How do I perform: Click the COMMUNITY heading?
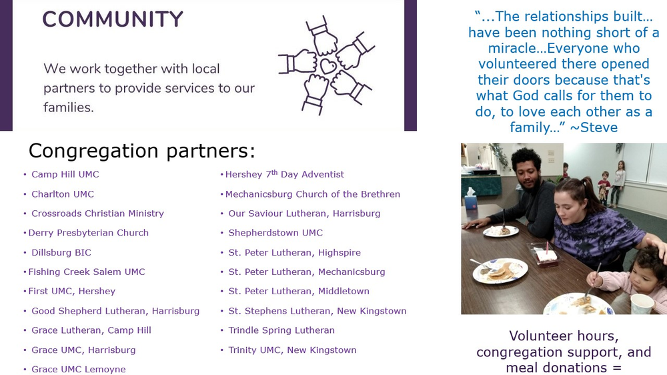coord(113,19)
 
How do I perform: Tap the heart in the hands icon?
coord(328,66)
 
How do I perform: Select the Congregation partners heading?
coord(141,151)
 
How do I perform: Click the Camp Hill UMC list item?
coord(65,174)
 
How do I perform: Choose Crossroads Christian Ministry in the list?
coord(97,214)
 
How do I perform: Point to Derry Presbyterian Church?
coord(89,233)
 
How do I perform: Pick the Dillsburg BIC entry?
coord(61,252)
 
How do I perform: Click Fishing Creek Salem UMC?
coord(86,272)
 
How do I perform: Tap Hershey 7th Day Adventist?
coord(285,174)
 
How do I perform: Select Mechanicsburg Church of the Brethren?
coord(313,194)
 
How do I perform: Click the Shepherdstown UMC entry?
coord(275,233)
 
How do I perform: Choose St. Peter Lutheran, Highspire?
coord(294,252)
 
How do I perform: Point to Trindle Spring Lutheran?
coord(281,330)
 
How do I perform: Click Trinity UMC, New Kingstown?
coord(292,350)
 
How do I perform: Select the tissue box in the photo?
coord(471,199)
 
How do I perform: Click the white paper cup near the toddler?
coord(642,304)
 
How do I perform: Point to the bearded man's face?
coord(529,175)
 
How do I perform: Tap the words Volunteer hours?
coord(564,336)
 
